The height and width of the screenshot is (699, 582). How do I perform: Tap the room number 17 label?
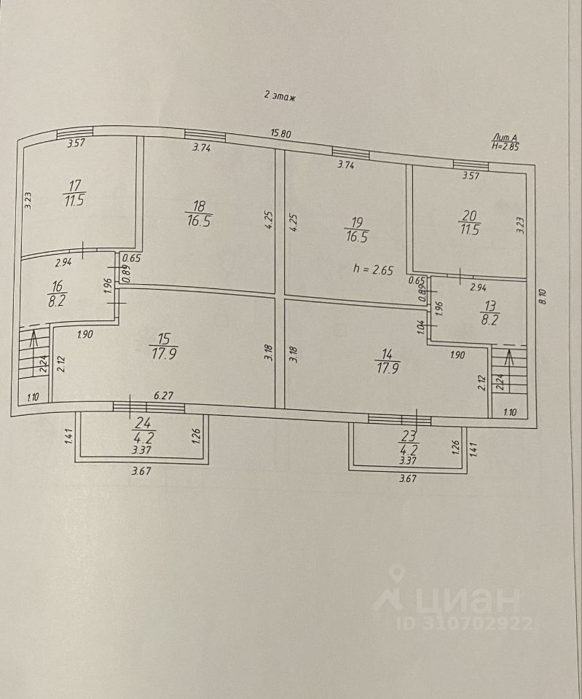[73, 186]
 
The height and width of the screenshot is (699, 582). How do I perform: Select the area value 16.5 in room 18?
[197, 221]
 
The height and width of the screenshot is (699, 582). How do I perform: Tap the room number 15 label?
[164, 338]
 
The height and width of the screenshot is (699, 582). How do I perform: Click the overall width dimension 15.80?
[281, 133]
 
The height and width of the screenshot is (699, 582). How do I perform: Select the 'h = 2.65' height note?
[373, 269]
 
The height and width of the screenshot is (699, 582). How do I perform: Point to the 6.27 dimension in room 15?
[161, 397]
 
